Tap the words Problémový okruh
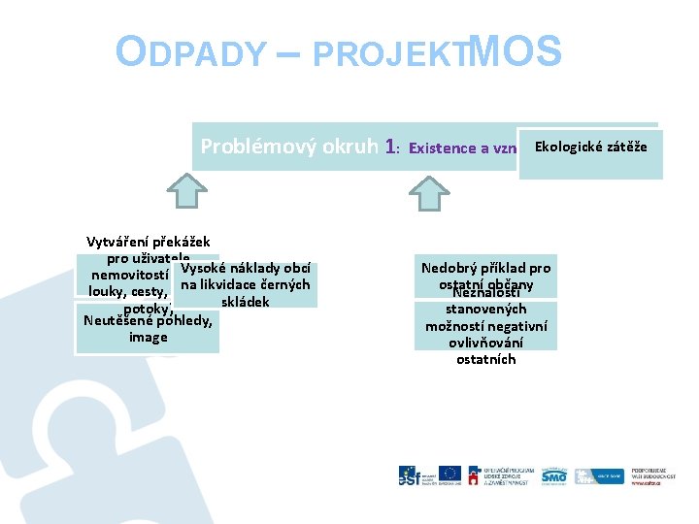[x=289, y=147]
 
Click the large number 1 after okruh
[x=390, y=147]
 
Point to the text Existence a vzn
[x=462, y=148]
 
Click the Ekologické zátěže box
[x=590, y=146]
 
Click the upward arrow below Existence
[x=429, y=194]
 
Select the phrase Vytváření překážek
[x=148, y=242]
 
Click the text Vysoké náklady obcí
[x=246, y=268]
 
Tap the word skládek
[x=245, y=302]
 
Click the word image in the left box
[x=148, y=338]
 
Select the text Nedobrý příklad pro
[x=485, y=268]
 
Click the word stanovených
[x=485, y=310]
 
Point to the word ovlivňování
[x=485, y=343]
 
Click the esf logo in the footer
[x=410, y=475]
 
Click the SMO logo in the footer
[x=553, y=475]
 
